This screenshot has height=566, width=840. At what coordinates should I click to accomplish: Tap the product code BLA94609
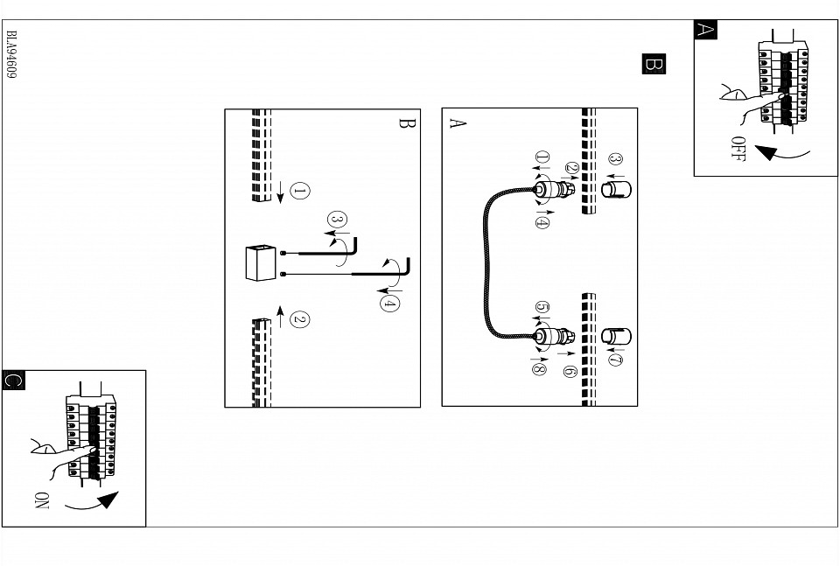(x=12, y=57)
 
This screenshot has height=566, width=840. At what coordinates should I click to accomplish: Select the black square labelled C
(x=12, y=380)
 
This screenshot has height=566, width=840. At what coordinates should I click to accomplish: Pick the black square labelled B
(x=654, y=64)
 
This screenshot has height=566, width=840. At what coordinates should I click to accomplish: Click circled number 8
(x=538, y=368)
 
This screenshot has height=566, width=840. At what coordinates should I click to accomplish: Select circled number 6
(x=570, y=371)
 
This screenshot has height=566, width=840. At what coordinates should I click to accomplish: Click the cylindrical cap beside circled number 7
(x=613, y=336)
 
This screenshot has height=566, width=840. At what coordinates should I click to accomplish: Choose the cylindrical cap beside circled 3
(x=614, y=188)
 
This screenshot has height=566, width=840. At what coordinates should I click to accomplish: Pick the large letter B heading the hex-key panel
(x=404, y=123)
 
